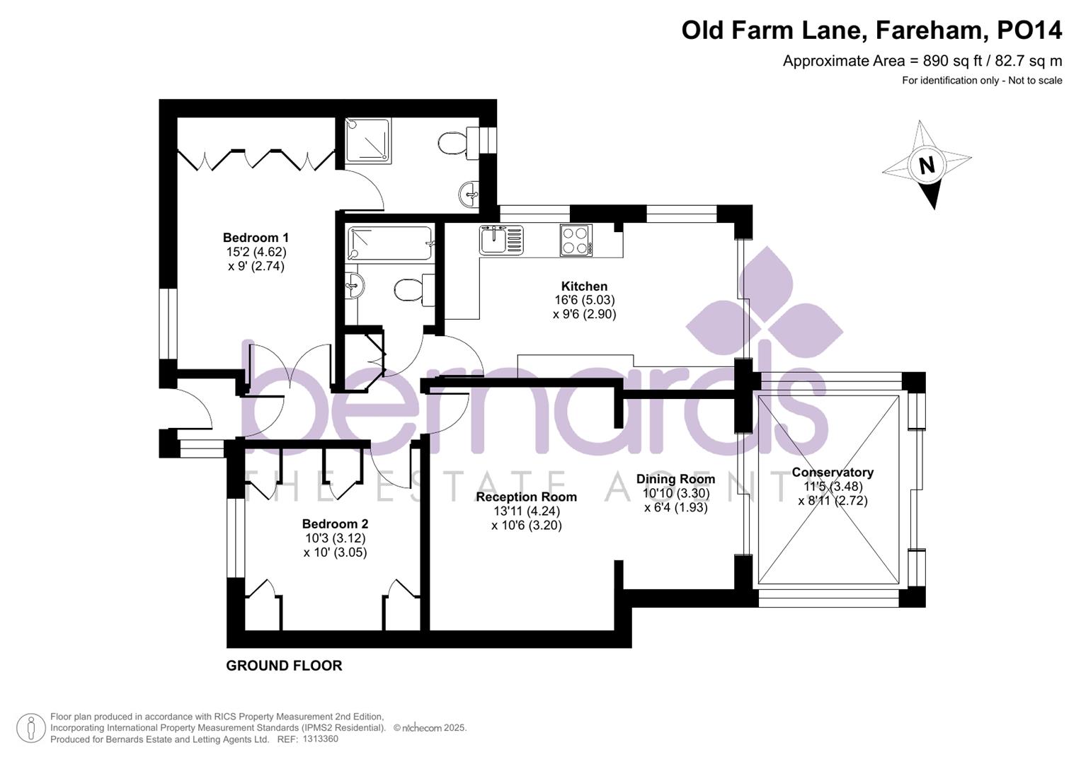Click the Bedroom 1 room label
(x=256, y=237)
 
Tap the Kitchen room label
(x=584, y=286)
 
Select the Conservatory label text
(x=833, y=473)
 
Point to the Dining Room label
(x=675, y=479)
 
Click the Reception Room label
(x=527, y=497)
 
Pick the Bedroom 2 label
(x=335, y=523)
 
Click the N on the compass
(x=926, y=166)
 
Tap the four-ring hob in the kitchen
(x=576, y=241)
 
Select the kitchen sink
(x=501, y=240)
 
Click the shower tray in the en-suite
(x=368, y=140)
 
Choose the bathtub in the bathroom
(x=389, y=243)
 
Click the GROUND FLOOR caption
(x=284, y=666)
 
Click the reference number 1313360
(x=320, y=739)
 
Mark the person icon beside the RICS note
(x=31, y=728)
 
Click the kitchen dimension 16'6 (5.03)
(x=585, y=300)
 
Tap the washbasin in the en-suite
(x=468, y=194)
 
